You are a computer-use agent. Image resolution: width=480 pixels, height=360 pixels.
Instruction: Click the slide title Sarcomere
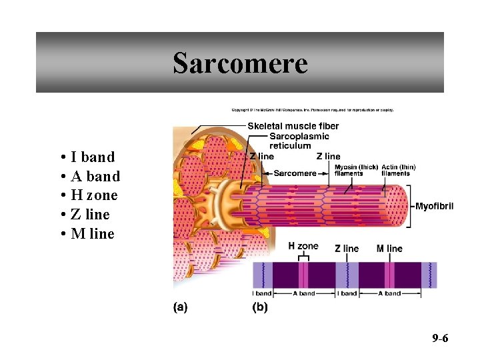pyautogui.click(x=240, y=63)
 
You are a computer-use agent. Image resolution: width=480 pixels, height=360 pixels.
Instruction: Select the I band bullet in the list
pyautogui.click(x=92, y=157)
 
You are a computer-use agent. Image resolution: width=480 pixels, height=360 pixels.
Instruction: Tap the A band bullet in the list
pyautogui.click(x=95, y=177)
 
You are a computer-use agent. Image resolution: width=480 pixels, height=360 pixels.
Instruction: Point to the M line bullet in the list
pyautogui.click(x=92, y=234)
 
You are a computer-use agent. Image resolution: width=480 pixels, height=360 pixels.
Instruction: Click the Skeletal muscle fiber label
pyautogui.click(x=293, y=126)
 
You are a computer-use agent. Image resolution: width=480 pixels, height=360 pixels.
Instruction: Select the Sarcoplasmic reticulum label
pyautogui.click(x=299, y=141)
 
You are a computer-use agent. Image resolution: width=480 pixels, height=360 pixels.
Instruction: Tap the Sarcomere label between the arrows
pyautogui.click(x=295, y=173)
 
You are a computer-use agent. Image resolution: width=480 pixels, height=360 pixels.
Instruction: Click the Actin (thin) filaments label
pyautogui.click(x=399, y=170)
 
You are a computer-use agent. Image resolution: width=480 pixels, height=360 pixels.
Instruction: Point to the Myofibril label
pyautogui.click(x=434, y=206)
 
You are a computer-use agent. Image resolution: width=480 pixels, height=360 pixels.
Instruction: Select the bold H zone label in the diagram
pyautogui.click(x=303, y=246)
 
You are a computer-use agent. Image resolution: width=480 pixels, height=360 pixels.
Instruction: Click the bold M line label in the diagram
pyautogui.click(x=389, y=249)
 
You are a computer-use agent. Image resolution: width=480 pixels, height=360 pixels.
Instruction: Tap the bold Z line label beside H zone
pyautogui.click(x=347, y=249)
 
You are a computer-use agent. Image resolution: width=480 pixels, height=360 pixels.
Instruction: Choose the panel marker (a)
pyautogui.click(x=181, y=308)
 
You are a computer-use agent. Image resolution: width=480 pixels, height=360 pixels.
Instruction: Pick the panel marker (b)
pyautogui.click(x=259, y=308)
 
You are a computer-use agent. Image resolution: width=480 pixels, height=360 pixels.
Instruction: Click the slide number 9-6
pyautogui.click(x=440, y=339)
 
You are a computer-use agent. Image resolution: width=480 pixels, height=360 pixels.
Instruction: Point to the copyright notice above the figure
pyautogui.click(x=312, y=110)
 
